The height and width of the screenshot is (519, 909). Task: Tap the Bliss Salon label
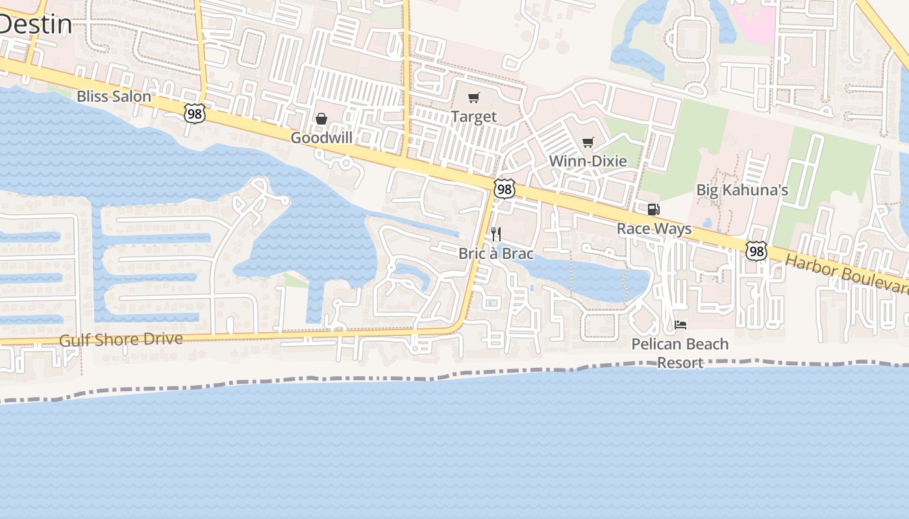pyautogui.click(x=114, y=97)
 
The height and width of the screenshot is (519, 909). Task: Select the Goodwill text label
pyautogui.click(x=321, y=138)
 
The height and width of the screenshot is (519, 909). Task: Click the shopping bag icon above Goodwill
pyautogui.click(x=321, y=119)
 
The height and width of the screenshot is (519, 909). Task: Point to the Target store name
pyautogui.click(x=474, y=117)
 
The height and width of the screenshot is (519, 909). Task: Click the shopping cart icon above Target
pyautogui.click(x=474, y=98)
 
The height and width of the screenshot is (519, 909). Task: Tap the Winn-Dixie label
pyautogui.click(x=588, y=161)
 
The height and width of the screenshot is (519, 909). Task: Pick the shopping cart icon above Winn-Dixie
pyautogui.click(x=588, y=142)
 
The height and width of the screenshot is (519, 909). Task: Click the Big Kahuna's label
pyautogui.click(x=742, y=190)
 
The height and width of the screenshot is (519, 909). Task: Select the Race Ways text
pyautogui.click(x=654, y=229)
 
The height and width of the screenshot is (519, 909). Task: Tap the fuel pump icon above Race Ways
pyautogui.click(x=654, y=210)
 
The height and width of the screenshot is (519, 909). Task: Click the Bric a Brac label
pyautogui.click(x=496, y=253)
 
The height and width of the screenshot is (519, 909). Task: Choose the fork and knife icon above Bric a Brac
pyautogui.click(x=496, y=234)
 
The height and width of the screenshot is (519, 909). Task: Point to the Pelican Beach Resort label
pyautogui.click(x=680, y=353)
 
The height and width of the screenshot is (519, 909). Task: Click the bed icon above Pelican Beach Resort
pyautogui.click(x=680, y=325)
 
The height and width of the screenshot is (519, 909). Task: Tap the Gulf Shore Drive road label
pyautogui.click(x=121, y=340)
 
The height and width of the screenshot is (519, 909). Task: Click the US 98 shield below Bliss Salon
pyautogui.click(x=194, y=114)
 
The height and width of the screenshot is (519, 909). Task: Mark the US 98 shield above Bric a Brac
pyautogui.click(x=504, y=189)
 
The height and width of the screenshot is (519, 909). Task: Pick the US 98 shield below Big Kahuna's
pyautogui.click(x=756, y=251)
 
